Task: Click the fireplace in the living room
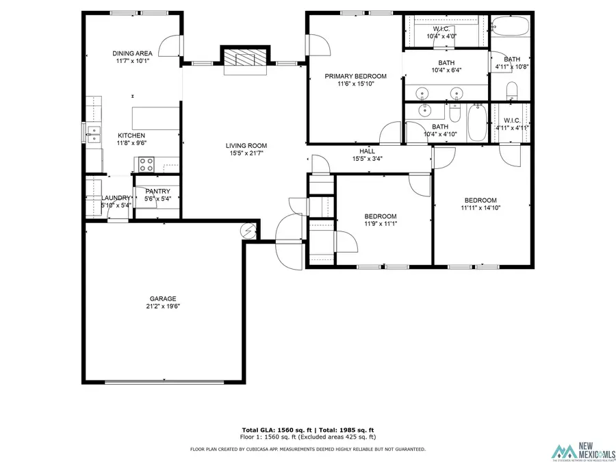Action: (244, 60)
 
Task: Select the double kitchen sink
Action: (94, 133)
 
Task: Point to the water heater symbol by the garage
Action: (249, 231)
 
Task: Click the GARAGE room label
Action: (164, 298)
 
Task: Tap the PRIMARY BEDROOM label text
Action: (355, 76)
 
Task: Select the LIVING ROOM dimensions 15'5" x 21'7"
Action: (246, 153)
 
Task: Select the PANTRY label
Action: (157, 191)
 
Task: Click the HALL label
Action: (367, 151)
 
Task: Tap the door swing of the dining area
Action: (170, 47)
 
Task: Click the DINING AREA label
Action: (132, 53)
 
